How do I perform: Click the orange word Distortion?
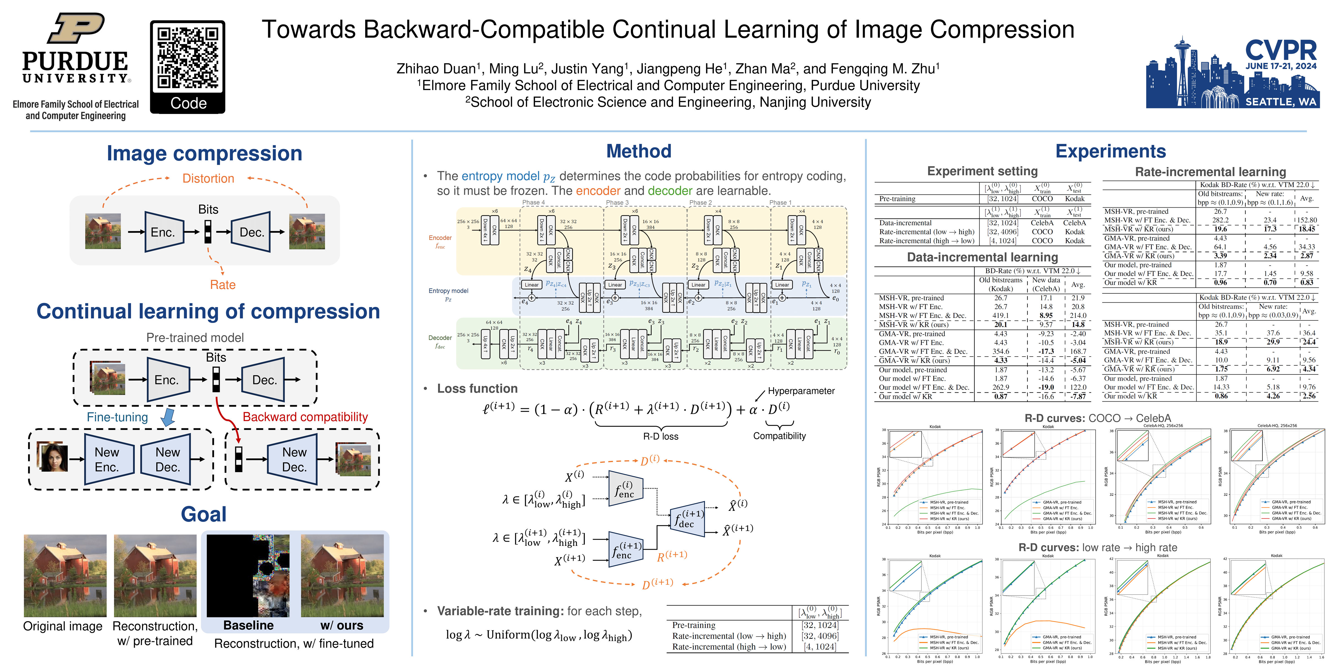click(x=208, y=179)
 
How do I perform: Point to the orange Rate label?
click(x=223, y=285)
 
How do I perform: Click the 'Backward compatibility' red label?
click(x=305, y=417)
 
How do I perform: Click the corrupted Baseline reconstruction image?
click(x=248, y=575)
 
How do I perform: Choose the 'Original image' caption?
click(x=63, y=627)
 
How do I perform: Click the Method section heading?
click(x=639, y=151)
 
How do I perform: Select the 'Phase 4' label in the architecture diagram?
click(x=533, y=203)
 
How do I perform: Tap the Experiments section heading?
click(x=1111, y=151)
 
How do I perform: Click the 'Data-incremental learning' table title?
click(x=982, y=257)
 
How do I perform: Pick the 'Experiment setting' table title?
click(x=982, y=171)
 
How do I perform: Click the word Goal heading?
click(x=204, y=514)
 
